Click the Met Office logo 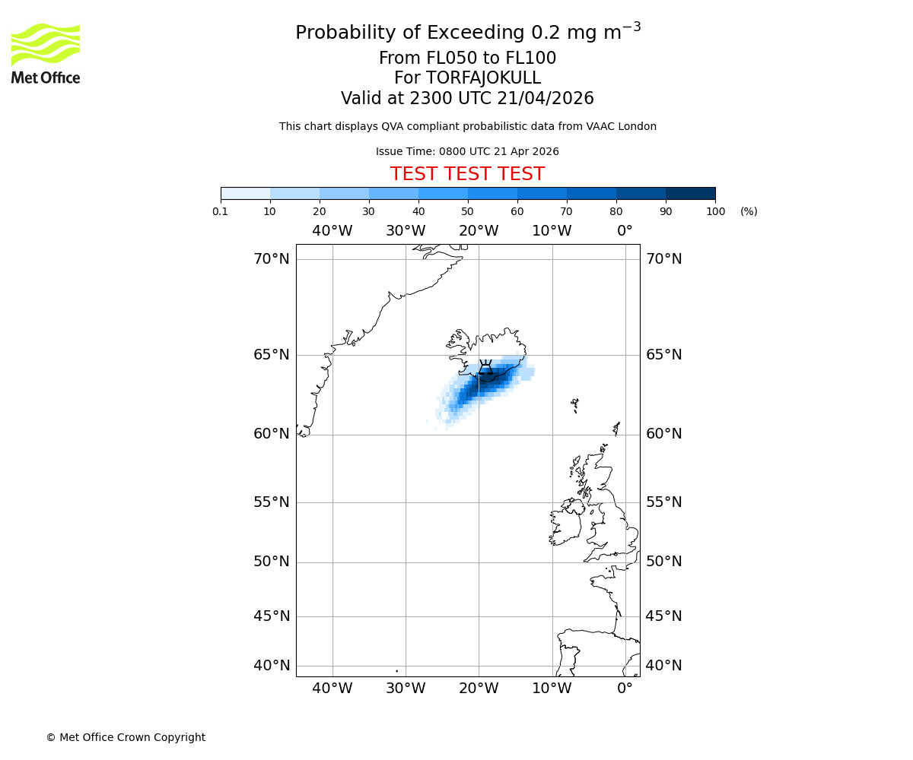[46, 53]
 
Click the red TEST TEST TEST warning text [467, 174]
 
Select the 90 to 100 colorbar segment [690, 193]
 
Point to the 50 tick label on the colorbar [467, 211]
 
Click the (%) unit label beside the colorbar [749, 211]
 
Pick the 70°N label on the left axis [272, 259]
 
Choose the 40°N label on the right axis [663, 666]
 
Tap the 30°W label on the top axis [405, 231]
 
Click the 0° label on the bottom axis [625, 689]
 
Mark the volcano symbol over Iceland [485, 368]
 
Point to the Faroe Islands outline [575, 405]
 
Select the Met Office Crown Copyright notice [126, 737]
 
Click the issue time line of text [467, 151]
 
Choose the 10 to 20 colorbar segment [294, 193]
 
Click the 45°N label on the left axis [272, 616]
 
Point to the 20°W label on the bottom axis [479, 689]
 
